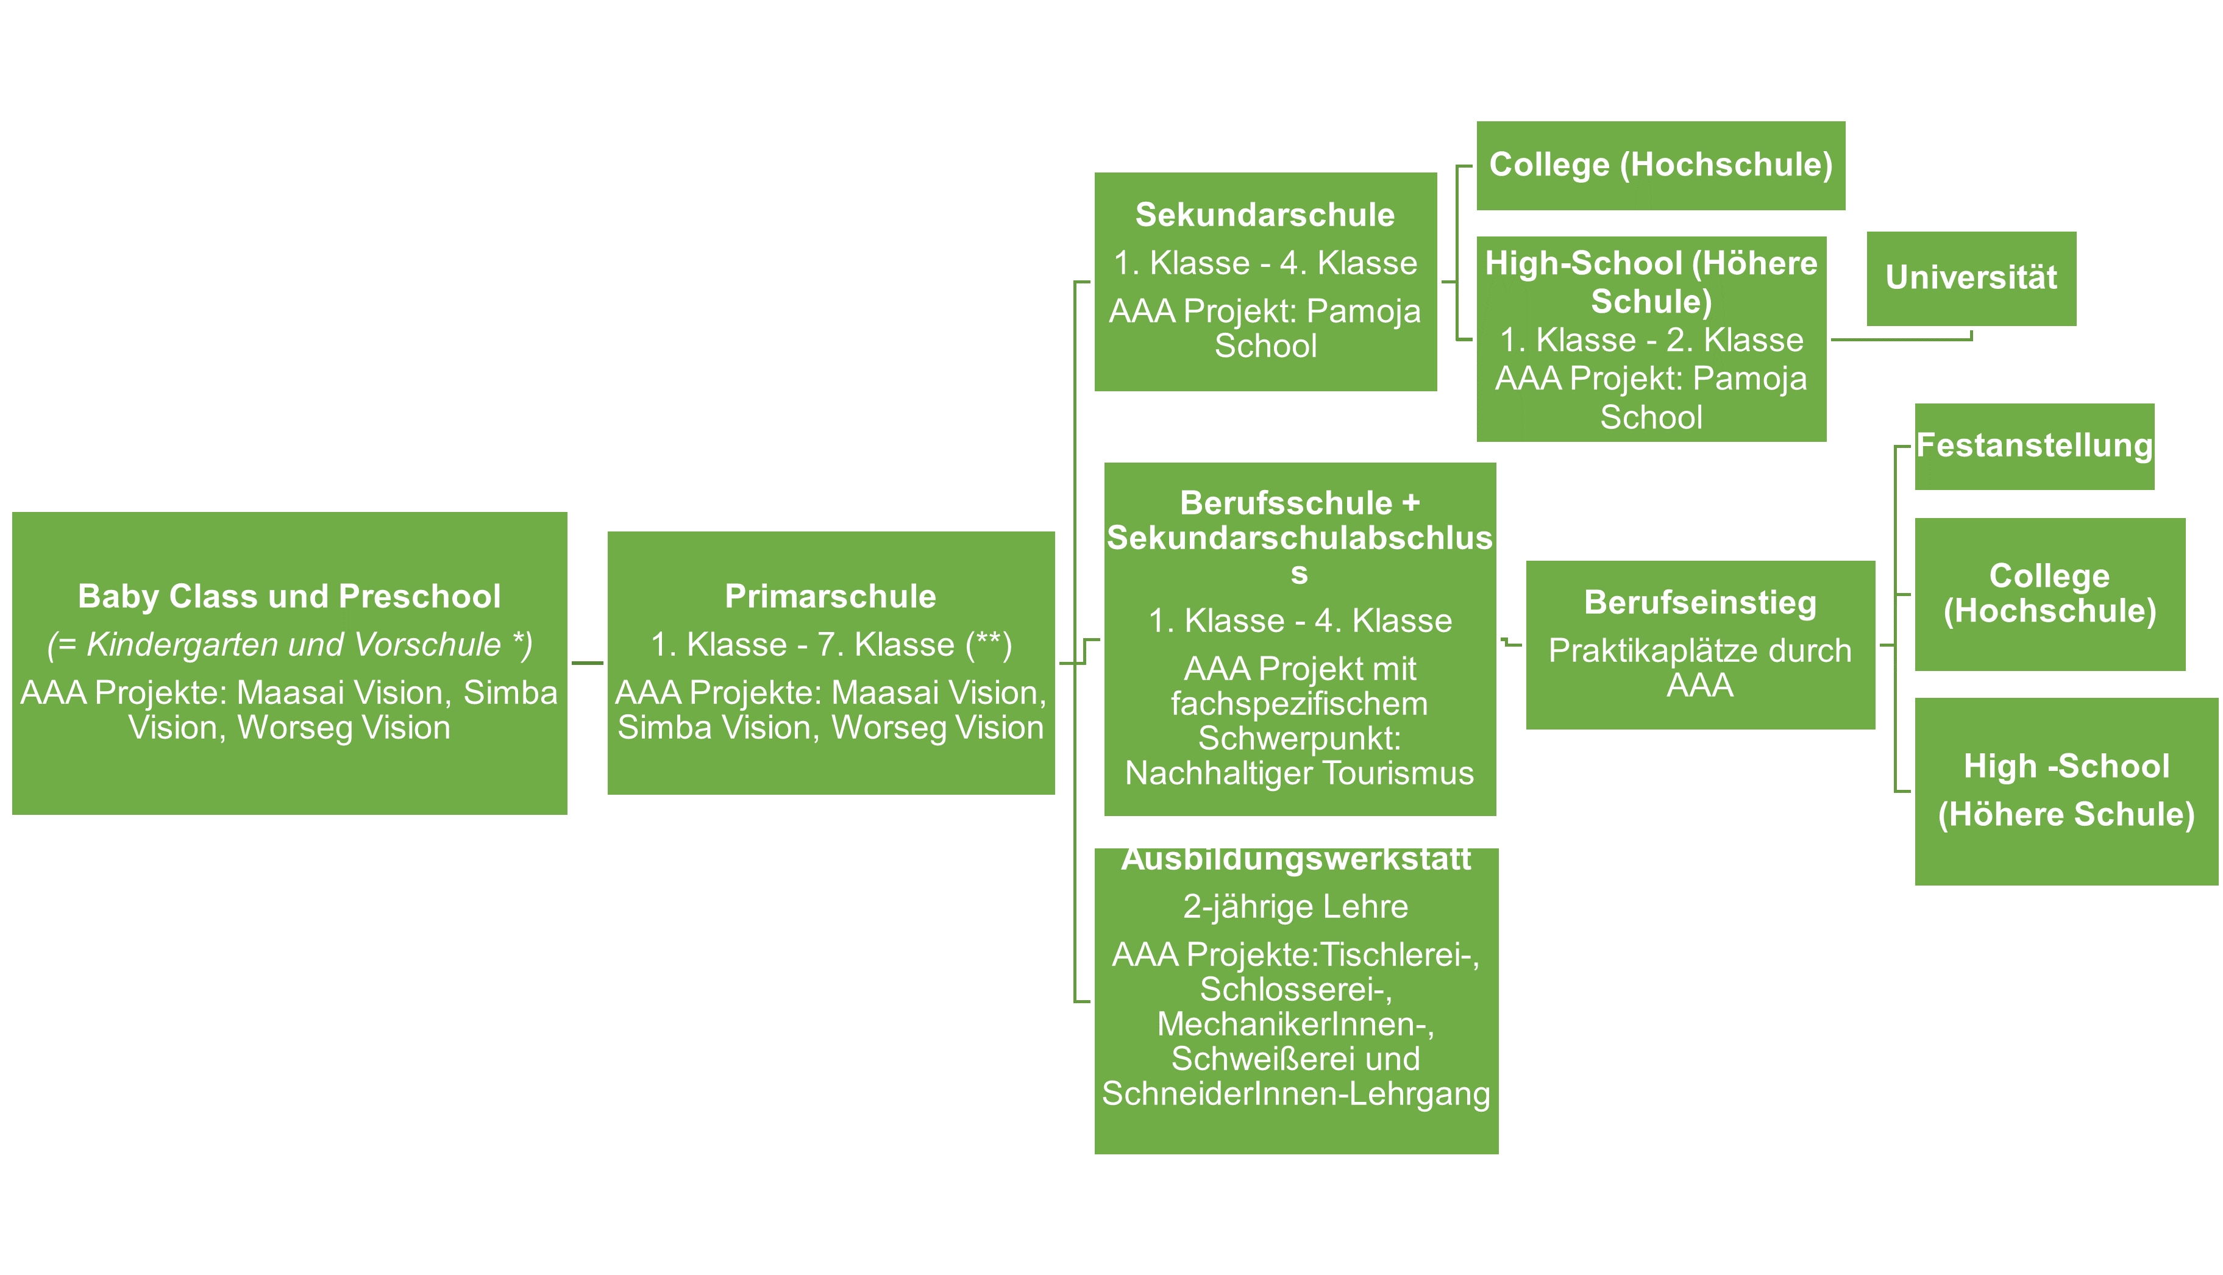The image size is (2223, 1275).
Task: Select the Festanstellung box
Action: click(x=2034, y=447)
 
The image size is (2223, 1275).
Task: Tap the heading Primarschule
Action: click(x=830, y=596)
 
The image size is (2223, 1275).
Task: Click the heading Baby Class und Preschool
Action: click(x=289, y=596)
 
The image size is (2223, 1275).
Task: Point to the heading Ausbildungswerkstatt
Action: click(x=1296, y=859)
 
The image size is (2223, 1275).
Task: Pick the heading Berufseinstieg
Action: click(x=1699, y=603)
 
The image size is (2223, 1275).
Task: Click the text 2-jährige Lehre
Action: click(x=1296, y=906)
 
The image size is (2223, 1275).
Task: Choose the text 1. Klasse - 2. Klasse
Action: click(x=1651, y=339)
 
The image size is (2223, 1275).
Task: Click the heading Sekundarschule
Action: click(x=1265, y=215)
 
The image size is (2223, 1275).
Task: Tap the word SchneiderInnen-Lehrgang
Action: click(x=1296, y=1094)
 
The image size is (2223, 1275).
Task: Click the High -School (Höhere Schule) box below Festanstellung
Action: click(x=2066, y=790)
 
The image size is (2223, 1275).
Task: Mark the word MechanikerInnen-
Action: click(x=1296, y=1024)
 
